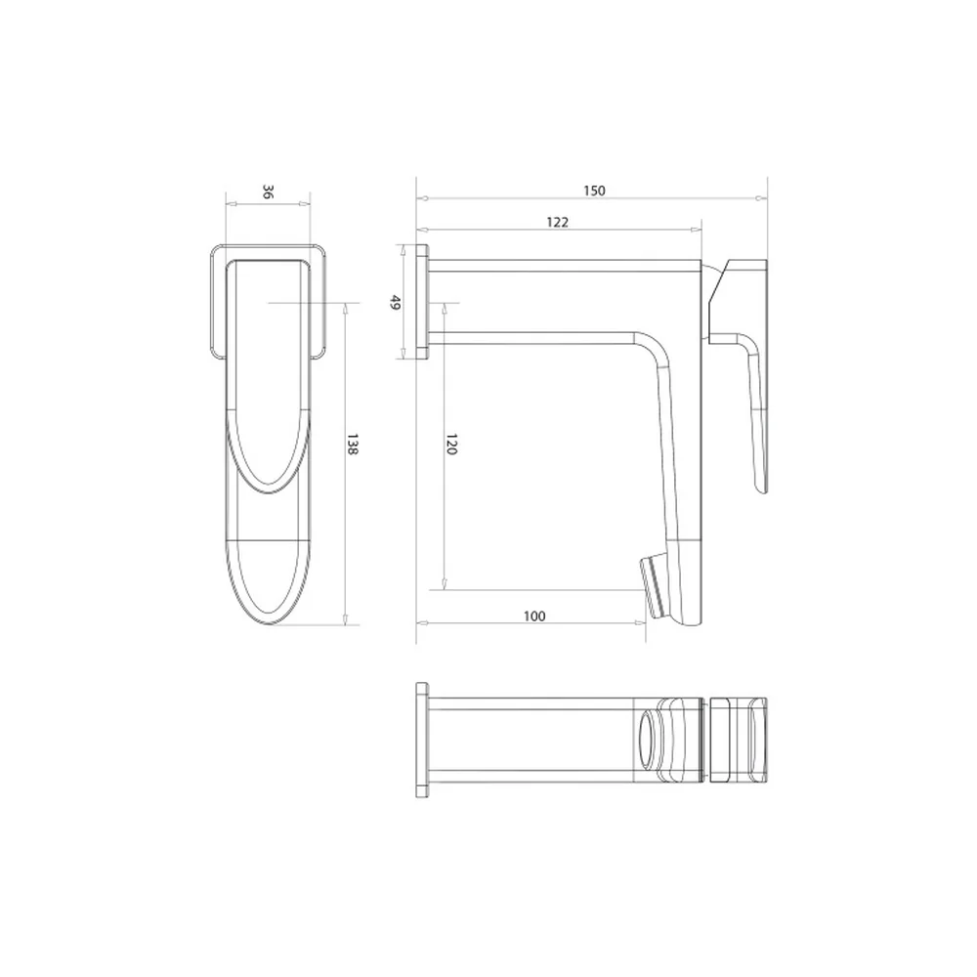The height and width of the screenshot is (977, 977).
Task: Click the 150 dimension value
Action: pos(594,191)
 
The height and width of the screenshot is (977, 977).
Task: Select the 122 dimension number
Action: pos(557,223)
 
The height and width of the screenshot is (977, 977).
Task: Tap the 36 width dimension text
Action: pos(268,191)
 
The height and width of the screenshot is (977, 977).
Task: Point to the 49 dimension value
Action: pos(395,303)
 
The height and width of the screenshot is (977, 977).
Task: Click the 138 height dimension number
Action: pos(352,444)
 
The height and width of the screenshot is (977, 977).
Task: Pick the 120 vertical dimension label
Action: pos(451,444)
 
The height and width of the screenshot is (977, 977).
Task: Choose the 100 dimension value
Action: pos(534,616)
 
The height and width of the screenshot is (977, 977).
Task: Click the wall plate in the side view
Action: pos(422,302)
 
